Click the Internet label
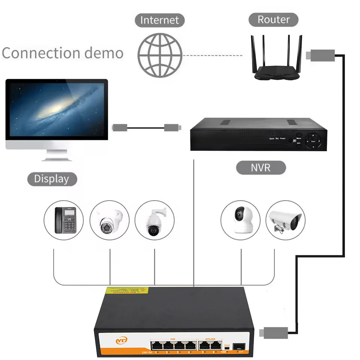point(160,20)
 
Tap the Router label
point(273,19)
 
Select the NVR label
point(261,167)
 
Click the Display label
point(52,179)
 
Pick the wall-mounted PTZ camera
point(154,221)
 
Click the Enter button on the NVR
point(313,142)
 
